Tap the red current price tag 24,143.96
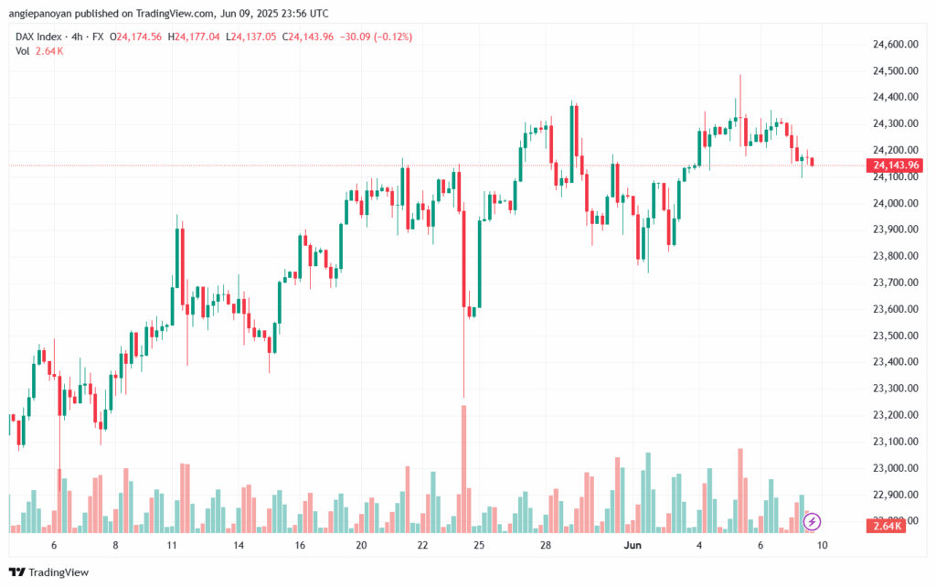(x=896, y=165)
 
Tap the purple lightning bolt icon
(x=813, y=522)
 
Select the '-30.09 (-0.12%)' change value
(x=376, y=37)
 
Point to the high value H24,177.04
(x=194, y=37)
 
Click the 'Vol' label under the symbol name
(x=23, y=50)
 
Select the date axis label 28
(x=545, y=545)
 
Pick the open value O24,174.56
(x=135, y=37)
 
